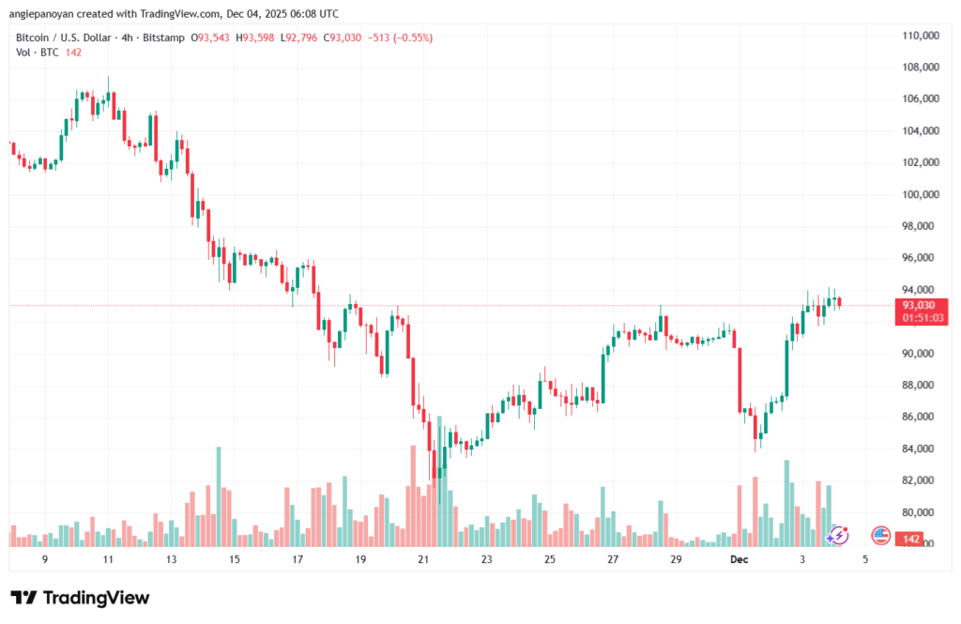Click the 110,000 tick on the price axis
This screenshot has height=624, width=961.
point(922,36)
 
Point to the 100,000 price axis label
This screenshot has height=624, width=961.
point(922,194)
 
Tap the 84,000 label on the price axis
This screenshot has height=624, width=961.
point(922,449)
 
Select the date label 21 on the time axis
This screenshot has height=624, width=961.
point(423,559)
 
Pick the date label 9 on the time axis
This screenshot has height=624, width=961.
point(45,559)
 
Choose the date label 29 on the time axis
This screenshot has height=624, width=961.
point(676,559)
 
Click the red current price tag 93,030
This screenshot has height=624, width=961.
point(921,305)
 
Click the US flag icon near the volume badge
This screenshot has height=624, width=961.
point(880,535)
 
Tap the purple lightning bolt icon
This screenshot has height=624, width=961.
point(838,535)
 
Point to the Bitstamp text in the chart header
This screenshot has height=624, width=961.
point(163,38)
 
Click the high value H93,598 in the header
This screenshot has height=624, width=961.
point(254,38)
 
